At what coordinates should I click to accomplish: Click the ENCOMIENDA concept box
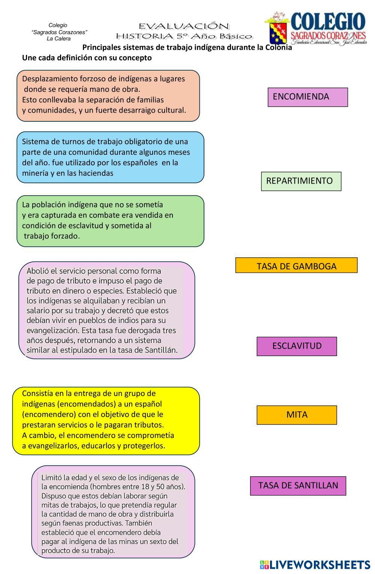point(307,97)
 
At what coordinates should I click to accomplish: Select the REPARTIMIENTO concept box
point(301,181)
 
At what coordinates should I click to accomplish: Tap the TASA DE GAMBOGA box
point(296,266)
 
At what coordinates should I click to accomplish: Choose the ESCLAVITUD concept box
point(297,346)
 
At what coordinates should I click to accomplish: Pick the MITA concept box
point(297,415)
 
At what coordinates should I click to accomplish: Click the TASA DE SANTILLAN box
point(298,485)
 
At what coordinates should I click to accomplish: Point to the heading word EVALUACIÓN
point(184,26)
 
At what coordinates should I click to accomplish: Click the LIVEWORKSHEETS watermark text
point(319,565)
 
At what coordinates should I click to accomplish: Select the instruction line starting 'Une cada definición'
point(87,58)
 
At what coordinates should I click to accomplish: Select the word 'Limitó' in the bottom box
point(51,478)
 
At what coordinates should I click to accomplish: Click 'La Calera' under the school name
point(58,39)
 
